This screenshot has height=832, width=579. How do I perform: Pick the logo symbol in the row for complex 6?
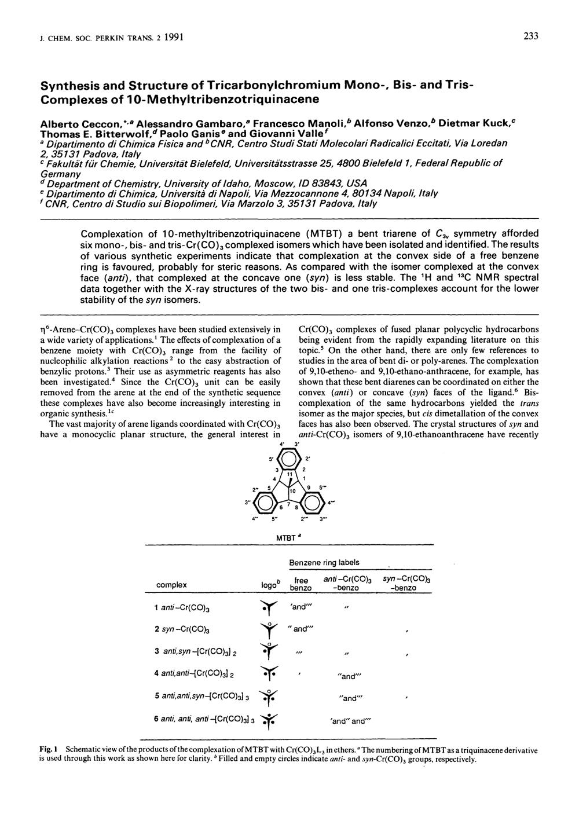pos(267,719)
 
